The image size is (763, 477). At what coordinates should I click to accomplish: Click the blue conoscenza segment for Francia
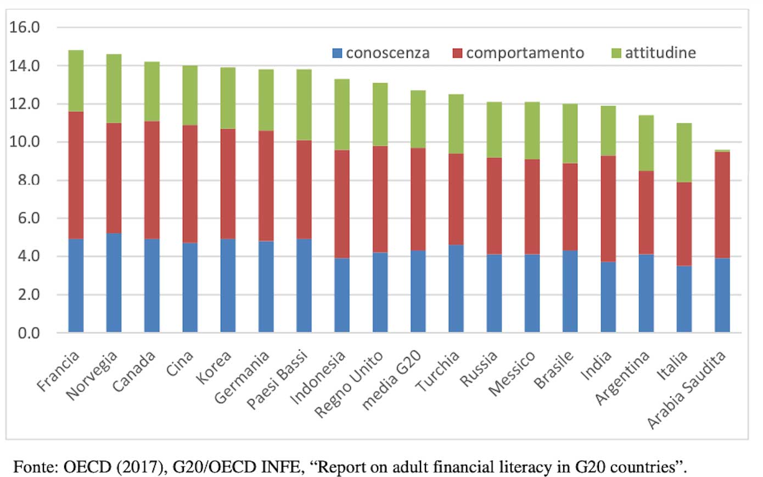(76, 285)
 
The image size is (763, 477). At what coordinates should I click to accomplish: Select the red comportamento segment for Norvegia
(114, 178)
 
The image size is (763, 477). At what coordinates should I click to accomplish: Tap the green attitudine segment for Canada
(152, 92)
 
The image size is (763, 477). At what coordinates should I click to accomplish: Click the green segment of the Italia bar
(684, 152)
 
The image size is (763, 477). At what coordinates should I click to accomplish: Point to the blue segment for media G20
(418, 291)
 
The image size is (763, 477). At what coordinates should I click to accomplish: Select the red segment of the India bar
(608, 209)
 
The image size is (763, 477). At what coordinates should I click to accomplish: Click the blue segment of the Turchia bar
(456, 288)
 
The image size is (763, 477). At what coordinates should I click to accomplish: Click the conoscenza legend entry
(381, 53)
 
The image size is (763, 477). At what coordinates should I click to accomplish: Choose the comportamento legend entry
(518, 53)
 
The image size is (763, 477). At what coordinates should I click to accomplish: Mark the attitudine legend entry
(653, 53)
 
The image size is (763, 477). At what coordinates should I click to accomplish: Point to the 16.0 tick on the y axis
(25, 27)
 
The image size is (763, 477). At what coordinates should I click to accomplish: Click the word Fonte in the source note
(33, 467)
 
